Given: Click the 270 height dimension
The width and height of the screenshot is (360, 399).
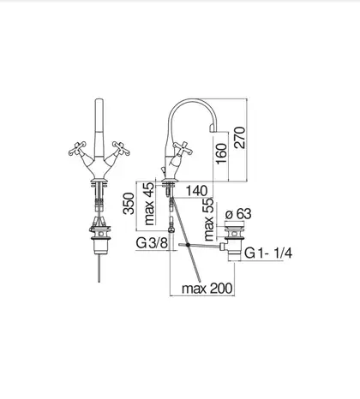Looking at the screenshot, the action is (x=239, y=138).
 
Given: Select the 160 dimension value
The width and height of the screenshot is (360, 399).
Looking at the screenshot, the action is (x=221, y=153).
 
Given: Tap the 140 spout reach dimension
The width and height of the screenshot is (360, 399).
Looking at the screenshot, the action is (x=196, y=191).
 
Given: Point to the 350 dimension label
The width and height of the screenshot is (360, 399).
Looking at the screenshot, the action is (x=129, y=204).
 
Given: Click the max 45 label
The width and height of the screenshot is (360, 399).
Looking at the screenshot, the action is (x=149, y=204).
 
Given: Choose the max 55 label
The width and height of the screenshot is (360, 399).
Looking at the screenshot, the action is (x=209, y=219).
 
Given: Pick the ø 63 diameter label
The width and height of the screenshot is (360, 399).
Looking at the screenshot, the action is (x=238, y=214).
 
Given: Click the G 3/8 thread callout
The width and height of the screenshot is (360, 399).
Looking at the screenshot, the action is (x=152, y=243).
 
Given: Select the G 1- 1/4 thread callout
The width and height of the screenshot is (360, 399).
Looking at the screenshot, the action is (x=268, y=253).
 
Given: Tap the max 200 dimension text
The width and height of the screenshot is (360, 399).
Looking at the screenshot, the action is (x=207, y=289).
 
